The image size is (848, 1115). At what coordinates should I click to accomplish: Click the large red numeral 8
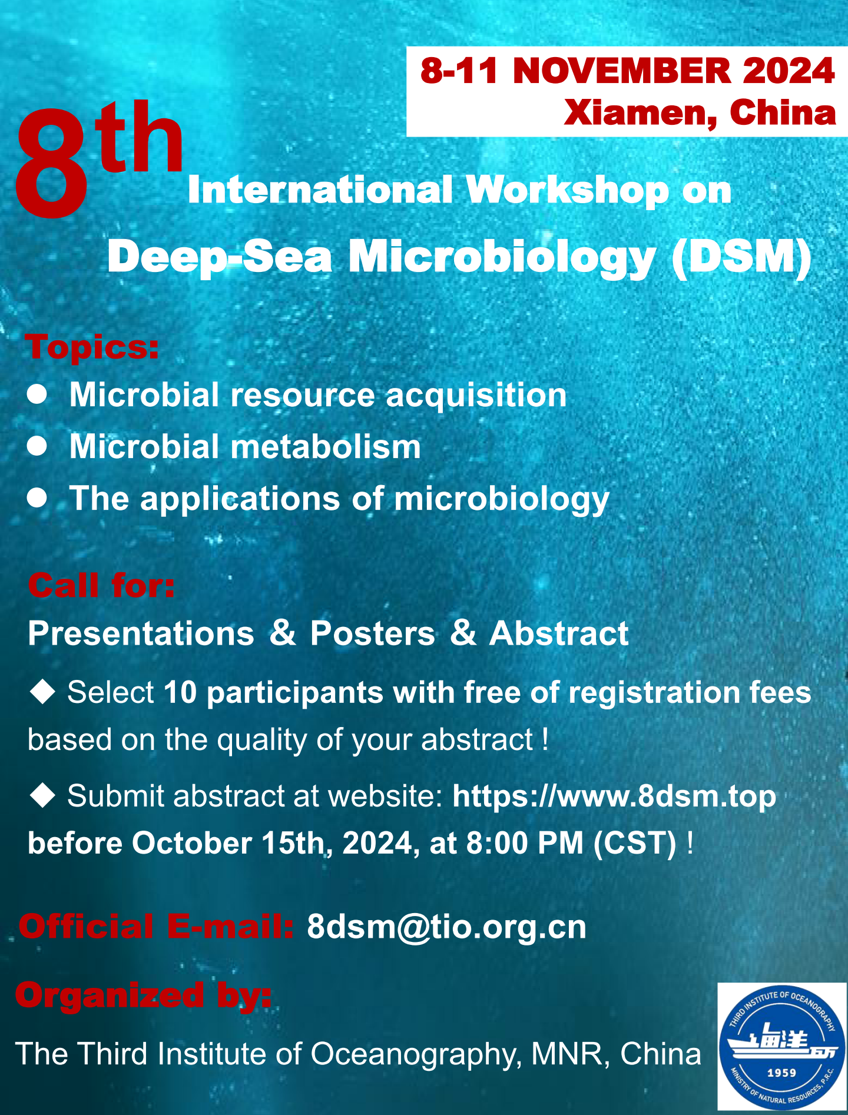click(52, 162)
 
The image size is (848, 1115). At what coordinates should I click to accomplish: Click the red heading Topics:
click(92, 347)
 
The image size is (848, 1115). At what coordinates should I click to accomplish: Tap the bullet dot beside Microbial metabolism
click(37, 446)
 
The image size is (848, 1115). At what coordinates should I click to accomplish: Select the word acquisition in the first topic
click(476, 396)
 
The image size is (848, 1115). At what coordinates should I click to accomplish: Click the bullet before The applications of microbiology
click(37, 498)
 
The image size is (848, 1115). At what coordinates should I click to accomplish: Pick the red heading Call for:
click(101, 586)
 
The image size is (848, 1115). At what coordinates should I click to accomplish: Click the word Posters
click(373, 633)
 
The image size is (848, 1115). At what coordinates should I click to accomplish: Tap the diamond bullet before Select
click(42, 691)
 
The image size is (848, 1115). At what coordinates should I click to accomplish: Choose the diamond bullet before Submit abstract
click(42, 795)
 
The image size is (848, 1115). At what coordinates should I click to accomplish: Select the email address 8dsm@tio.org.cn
click(447, 927)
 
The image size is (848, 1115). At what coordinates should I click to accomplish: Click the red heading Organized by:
click(144, 996)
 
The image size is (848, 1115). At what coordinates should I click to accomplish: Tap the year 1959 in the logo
click(781, 1073)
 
